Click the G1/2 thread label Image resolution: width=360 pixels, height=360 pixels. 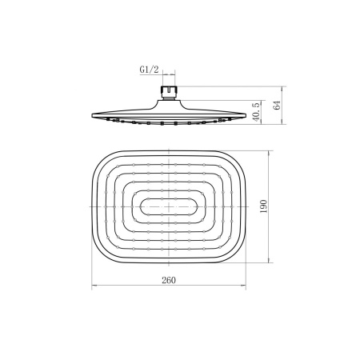[x=149, y=70]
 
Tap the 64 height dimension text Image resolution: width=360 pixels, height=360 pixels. [x=278, y=105]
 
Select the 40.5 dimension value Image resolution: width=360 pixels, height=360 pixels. [x=256, y=112]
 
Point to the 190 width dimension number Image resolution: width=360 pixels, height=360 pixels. [x=264, y=206]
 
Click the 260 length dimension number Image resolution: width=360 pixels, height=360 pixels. [x=169, y=280]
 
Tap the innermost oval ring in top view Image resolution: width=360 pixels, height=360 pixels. [x=169, y=206]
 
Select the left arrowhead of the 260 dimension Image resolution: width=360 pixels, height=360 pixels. [x=94, y=286]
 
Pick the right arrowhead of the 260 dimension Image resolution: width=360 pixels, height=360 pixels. [x=243, y=286]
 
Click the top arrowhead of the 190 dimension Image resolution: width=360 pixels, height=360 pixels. [x=269, y=153]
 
